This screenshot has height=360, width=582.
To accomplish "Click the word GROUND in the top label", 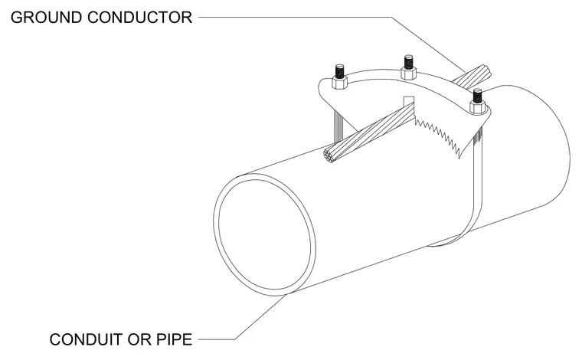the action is (x=47, y=18).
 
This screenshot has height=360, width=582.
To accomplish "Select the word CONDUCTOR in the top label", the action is (x=140, y=18).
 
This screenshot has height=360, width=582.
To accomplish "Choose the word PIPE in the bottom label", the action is (x=174, y=339).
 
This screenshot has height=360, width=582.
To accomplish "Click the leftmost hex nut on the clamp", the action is (x=339, y=83).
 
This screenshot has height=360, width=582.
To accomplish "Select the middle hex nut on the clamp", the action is (x=408, y=73).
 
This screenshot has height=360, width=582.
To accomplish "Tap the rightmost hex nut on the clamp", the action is (x=477, y=107).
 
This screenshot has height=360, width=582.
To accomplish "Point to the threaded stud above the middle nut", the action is (x=408, y=61).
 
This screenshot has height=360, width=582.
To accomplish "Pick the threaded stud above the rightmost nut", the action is (x=477, y=95).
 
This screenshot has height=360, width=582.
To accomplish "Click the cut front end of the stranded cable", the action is (x=330, y=156).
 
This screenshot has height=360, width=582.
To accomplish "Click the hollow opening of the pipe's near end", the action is (x=265, y=234).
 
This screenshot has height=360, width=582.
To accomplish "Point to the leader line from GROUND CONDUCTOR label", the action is (x=332, y=17).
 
